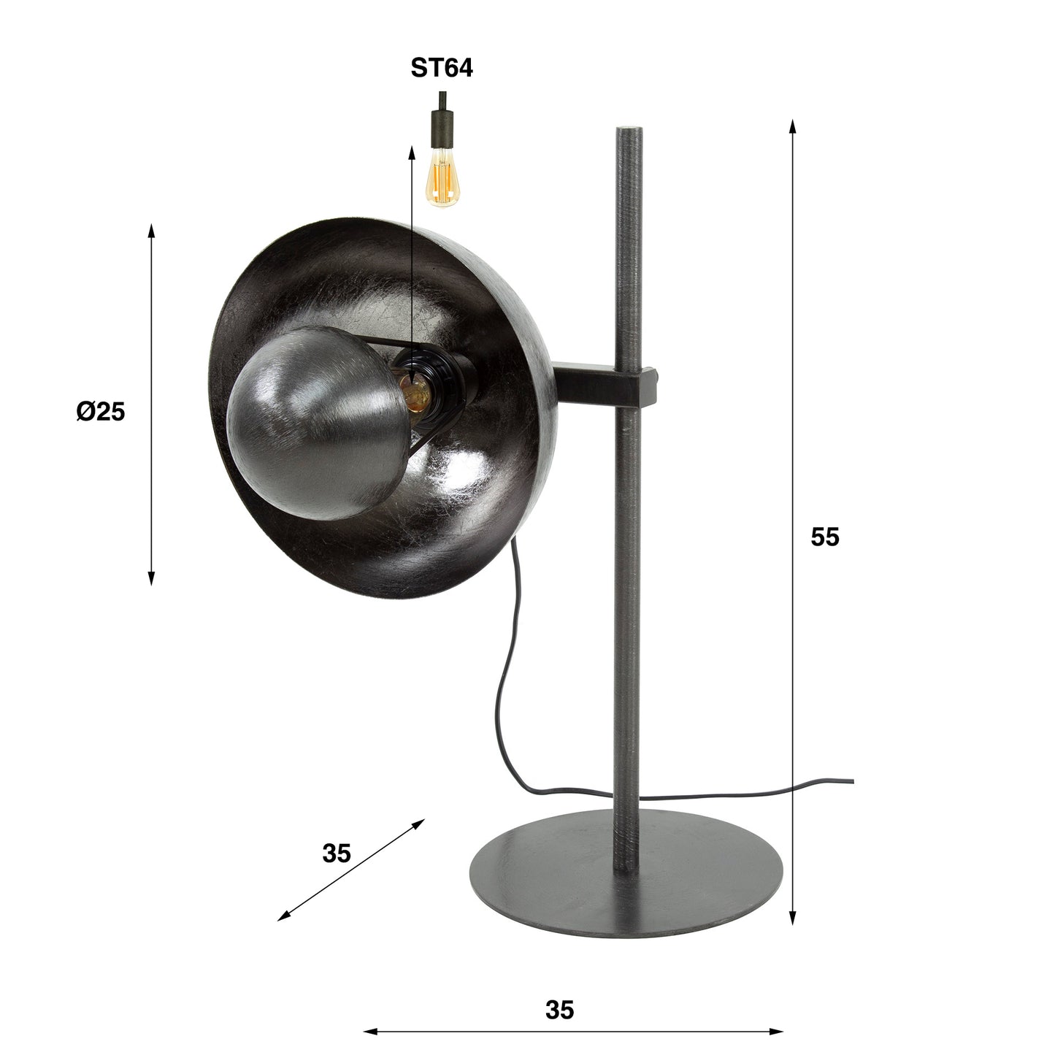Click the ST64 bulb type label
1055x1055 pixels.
pos(442,68)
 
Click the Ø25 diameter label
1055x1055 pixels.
pos(100,412)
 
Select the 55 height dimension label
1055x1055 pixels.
pos(825,537)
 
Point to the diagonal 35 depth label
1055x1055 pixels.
pos(337,853)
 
